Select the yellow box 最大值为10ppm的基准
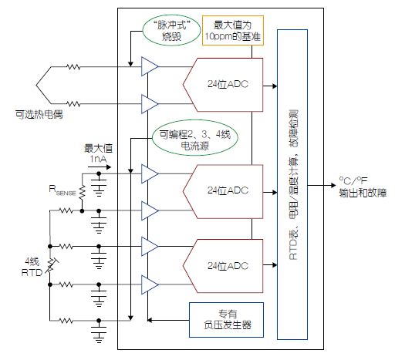pos(233,31)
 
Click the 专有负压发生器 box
pos(226,320)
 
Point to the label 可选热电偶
pos(39,114)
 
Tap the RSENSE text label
pos(62,190)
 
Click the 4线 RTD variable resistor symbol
pos(51,265)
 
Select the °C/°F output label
pos(353,180)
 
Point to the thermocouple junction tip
pos(36,85)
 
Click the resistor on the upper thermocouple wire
pos(73,67)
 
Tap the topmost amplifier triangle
pos(150,66)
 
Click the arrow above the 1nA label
pos(100,167)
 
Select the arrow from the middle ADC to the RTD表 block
pos(270,193)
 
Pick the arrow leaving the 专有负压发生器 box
pos(168,320)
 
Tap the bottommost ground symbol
pos(99,335)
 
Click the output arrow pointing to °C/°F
pos(322,185)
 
